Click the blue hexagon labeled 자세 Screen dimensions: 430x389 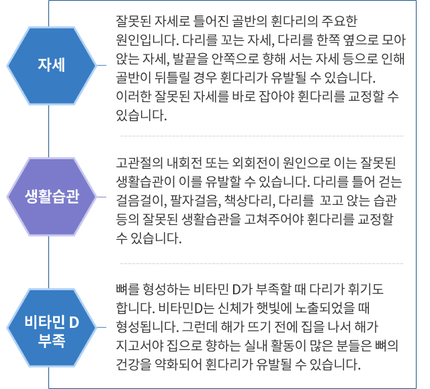(x=52, y=66)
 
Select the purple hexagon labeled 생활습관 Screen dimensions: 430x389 (x=52, y=197)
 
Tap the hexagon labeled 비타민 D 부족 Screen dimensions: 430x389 (x=52, y=327)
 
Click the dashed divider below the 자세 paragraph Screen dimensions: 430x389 (x=261, y=136)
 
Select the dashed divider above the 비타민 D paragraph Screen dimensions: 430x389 (x=261, y=264)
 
